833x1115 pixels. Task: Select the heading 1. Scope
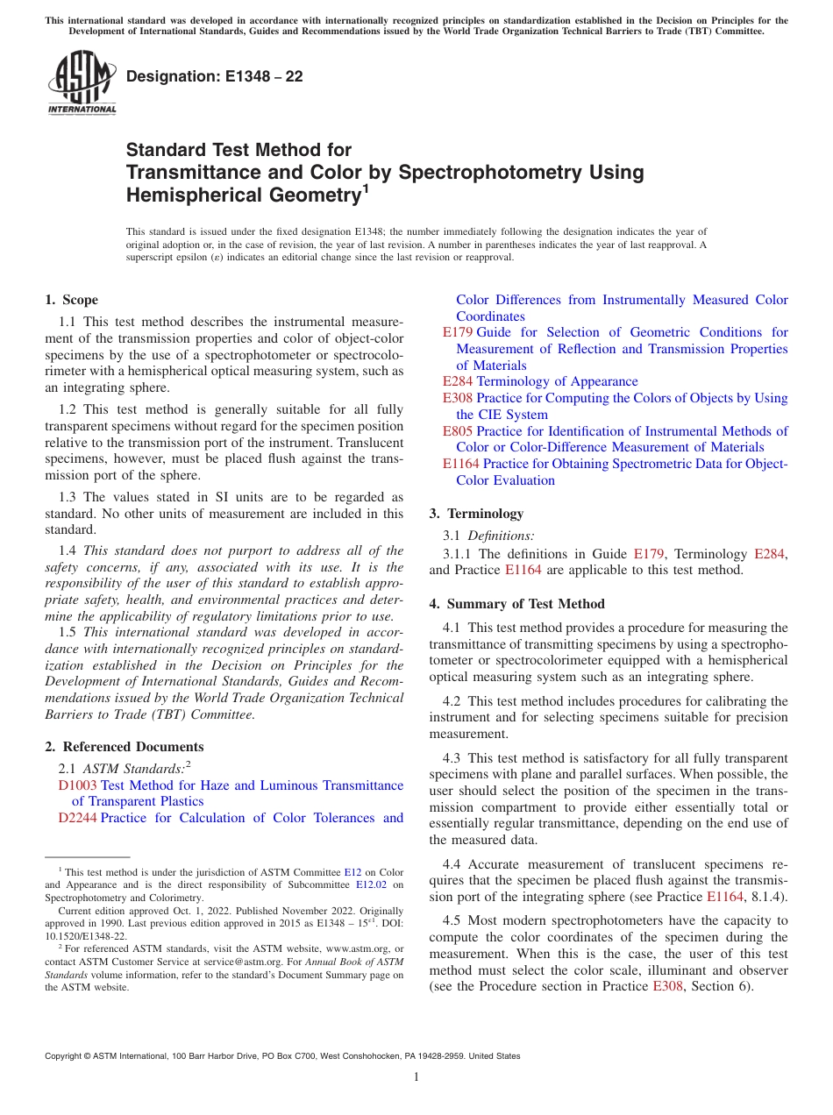point(72,300)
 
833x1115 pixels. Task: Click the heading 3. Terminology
point(476,514)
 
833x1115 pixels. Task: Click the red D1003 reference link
point(77,785)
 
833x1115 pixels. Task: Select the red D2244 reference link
point(77,818)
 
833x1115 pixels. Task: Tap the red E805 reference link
point(457,431)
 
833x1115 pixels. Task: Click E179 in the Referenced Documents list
point(457,332)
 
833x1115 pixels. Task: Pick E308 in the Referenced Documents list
point(457,398)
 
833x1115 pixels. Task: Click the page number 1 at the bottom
point(416,1077)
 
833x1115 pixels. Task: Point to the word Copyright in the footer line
point(66,1056)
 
